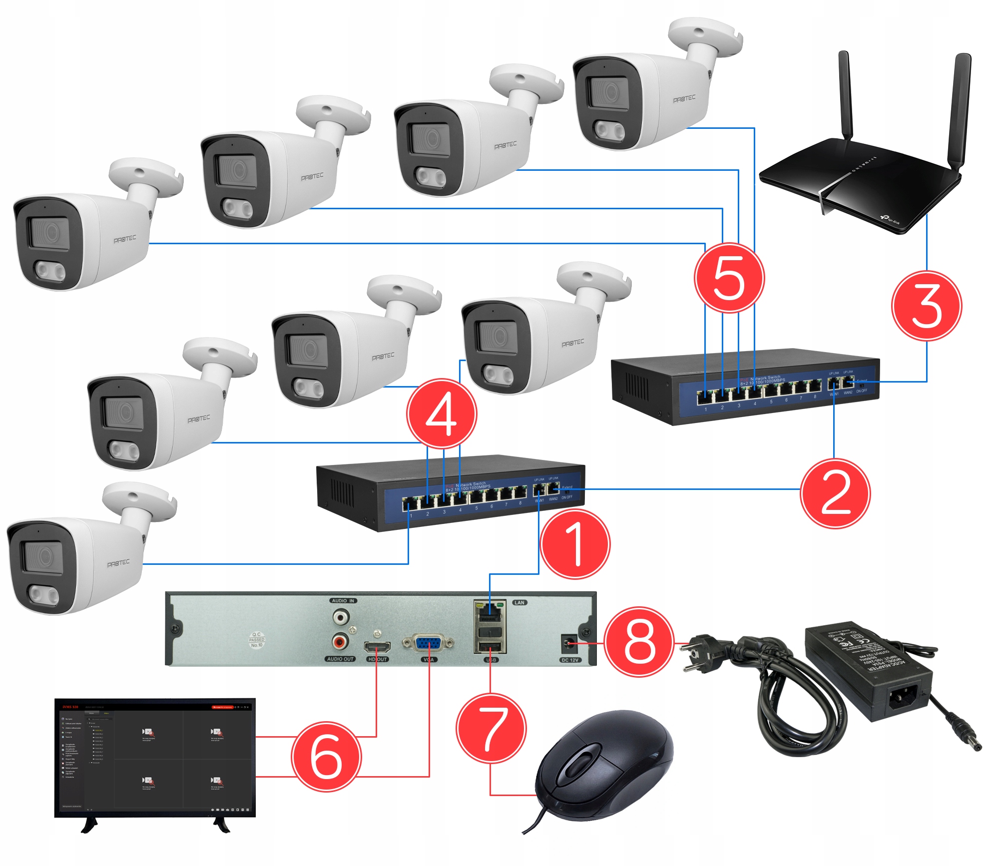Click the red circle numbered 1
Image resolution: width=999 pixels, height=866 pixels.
(x=575, y=544)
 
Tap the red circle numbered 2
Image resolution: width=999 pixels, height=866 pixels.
(x=835, y=493)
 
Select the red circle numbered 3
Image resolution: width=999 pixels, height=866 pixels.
(x=927, y=306)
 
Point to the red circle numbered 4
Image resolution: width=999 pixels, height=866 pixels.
(x=442, y=414)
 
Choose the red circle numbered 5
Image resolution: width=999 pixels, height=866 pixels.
(x=729, y=278)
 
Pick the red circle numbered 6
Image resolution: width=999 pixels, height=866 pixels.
(x=326, y=756)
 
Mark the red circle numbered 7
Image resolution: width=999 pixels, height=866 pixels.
(x=491, y=728)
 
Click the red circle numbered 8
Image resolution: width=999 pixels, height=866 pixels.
(x=639, y=642)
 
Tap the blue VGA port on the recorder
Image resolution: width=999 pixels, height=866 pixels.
(x=428, y=643)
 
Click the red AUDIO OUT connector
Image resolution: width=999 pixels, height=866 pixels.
(x=341, y=640)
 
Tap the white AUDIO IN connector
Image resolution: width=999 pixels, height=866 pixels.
(x=341, y=617)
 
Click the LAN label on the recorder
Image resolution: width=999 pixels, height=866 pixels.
(x=519, y=602)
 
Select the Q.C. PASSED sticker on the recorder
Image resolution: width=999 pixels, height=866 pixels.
(x=257, y=640)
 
